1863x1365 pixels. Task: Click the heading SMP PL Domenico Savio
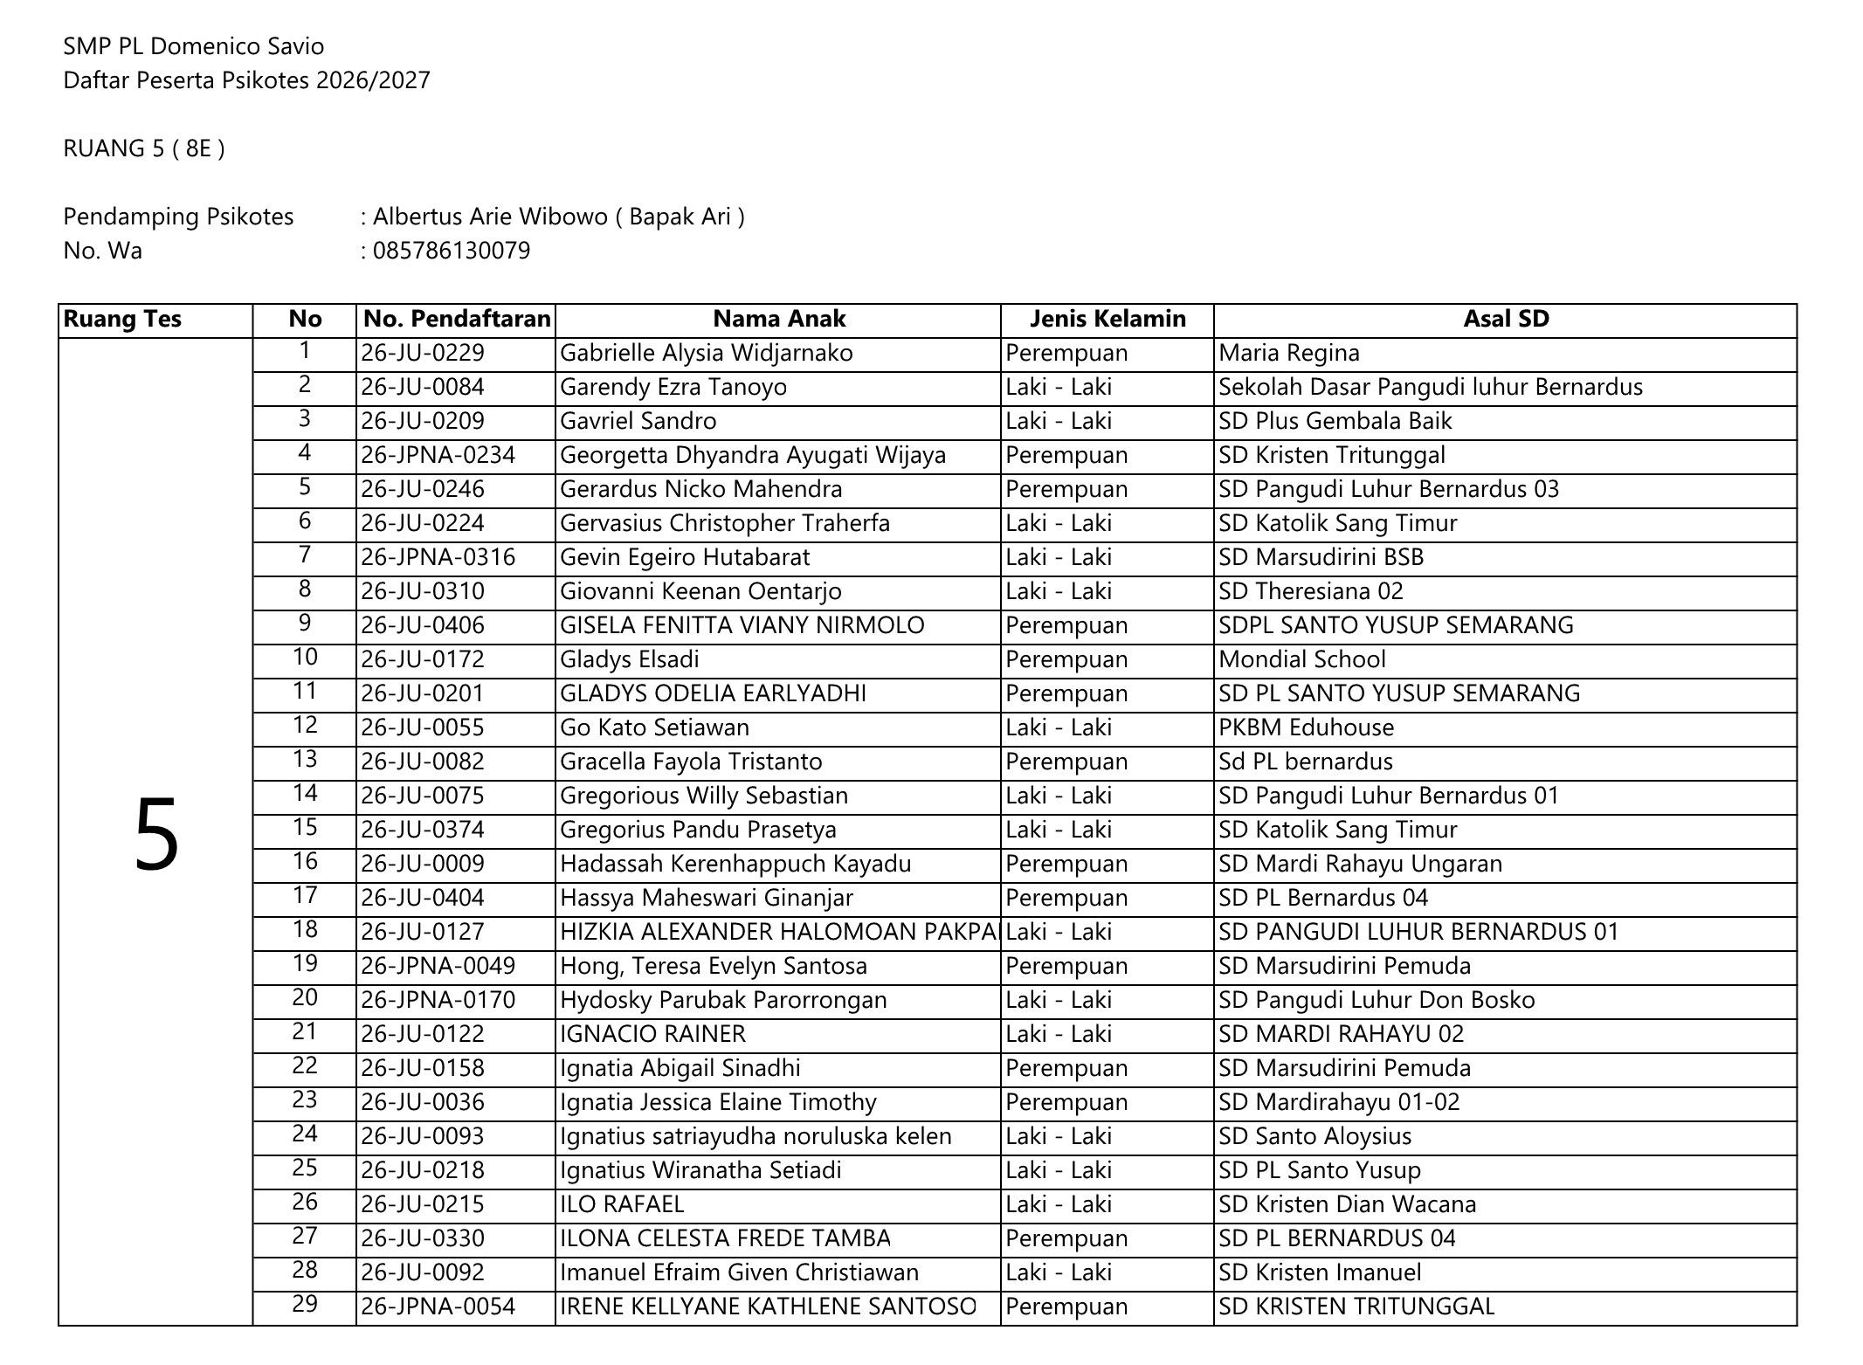(x=193, y=46)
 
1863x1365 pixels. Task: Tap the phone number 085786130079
(x=451, y=252)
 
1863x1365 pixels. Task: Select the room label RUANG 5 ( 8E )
(x=144, y=148)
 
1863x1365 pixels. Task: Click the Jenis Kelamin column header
(x=1107, y=319)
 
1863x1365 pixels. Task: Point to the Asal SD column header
(x=1505, y=319)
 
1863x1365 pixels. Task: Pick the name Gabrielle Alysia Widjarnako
(x=706, y=354)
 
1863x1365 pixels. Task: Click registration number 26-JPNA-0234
(x=438, y=456)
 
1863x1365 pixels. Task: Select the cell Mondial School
(x=1301, y=660)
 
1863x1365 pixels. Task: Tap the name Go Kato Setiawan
(x=654, y=728)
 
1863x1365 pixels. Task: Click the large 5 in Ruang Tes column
(x=156, y=836)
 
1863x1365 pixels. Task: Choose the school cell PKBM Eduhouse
(x=1306, y=728)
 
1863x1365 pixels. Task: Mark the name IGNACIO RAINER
(x=652, y=1035)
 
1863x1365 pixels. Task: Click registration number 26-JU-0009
(x=422, y=865)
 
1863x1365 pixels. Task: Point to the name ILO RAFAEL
(x=621, y=1205)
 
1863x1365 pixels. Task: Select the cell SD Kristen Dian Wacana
(x=1347, y=1205)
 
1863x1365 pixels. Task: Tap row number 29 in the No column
(x=304, y=1305)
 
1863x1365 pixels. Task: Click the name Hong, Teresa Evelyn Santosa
(x=713, y=967)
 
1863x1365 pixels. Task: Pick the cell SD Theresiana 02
(x=1310, y=592)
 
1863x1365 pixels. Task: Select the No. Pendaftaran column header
(x=456, y=319)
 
